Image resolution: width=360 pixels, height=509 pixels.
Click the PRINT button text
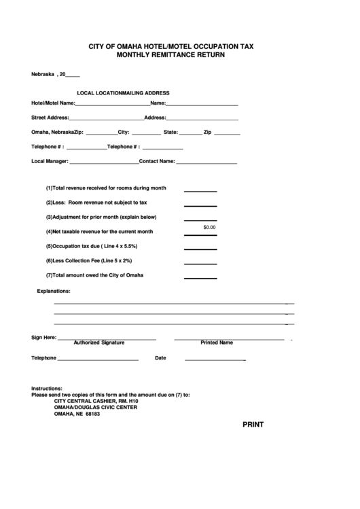253,425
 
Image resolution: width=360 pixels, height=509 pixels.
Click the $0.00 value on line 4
209,227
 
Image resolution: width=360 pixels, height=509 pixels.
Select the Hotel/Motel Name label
53,104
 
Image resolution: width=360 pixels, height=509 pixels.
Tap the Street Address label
50,118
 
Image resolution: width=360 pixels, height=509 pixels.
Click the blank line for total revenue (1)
200,190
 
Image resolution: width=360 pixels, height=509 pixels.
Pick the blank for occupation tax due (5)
200,249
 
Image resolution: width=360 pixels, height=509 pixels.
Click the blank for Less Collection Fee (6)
200,264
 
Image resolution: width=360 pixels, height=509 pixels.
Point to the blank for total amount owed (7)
200,278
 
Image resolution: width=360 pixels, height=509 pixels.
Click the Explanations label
54,291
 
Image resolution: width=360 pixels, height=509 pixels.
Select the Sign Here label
44,337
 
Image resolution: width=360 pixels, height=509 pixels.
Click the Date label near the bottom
161,357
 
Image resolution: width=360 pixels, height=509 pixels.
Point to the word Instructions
47,388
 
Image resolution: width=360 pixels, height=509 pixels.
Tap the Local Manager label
50,162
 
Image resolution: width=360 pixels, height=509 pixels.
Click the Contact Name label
157,162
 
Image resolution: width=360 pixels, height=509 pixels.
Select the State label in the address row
170,133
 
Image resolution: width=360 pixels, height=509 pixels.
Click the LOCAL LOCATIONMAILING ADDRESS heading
123,92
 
